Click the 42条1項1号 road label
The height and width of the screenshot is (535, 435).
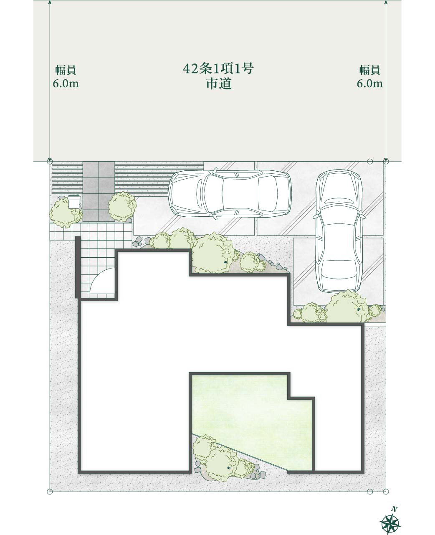pyautogui.click(x=218, y=68)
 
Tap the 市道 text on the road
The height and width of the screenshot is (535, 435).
pyautogui.click(x=219, y=84)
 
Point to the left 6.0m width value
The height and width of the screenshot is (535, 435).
pyautogui.click(x=66, y=84)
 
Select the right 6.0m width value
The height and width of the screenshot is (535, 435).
pyautogui.click(x=370, y=84)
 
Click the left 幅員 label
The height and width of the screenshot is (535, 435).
pyautogui.click(x=66, y=70)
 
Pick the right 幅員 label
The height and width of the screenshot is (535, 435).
pyautogui.click(x=369, y=70)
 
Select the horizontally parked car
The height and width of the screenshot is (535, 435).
pyautogui.click(x=230, y=194)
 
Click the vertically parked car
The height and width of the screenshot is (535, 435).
pyautogui.click(x=339, y=231)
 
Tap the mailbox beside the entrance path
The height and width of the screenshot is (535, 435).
pyautogui.click(x=74, y=202)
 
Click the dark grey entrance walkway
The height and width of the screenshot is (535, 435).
pyautogui.click(x=99, y=191)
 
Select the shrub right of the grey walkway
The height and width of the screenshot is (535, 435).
pyautogui.click(x=122, y=207)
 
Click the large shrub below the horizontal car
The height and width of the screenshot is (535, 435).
pyautogui.click(x=214, y=253)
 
